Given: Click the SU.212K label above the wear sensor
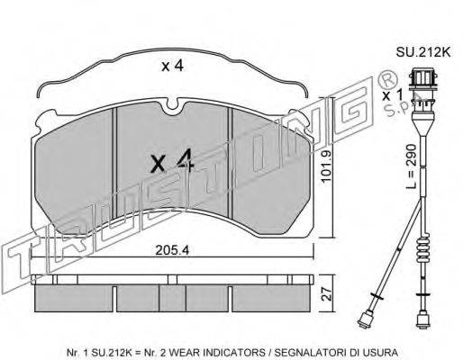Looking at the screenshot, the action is click(x=423, y=52).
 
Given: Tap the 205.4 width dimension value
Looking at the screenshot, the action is click(x=172, y=250).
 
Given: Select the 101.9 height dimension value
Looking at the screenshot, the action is click(x=326, y=166).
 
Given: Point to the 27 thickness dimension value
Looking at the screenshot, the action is click(x=327, y=294).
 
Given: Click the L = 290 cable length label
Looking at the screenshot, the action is click(x=411, y=166).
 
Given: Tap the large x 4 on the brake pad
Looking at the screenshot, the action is click(x=173, y=161).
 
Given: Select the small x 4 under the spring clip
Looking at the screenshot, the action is click(x=172, y=66).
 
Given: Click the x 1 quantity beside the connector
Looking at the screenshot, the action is click(x=392, y=95).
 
